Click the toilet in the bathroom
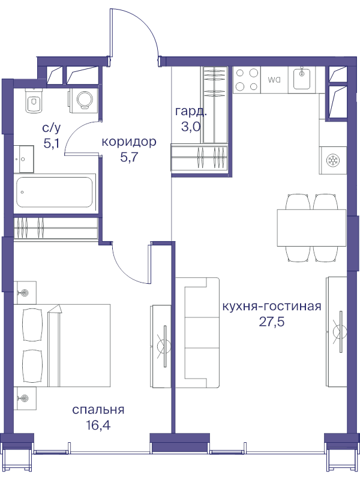(x=32, y=101)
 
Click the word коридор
(x=129, y=142)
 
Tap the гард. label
(x=191, y=111)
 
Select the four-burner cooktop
(x=247, y=80)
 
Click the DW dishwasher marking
(x=274, y=79)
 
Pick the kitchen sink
(x=301, y=79)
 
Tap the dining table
(x=311, y=227)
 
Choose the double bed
(x=65, y=346)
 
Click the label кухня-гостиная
(x=271, y=306)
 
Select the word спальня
(x=98, y=410)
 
